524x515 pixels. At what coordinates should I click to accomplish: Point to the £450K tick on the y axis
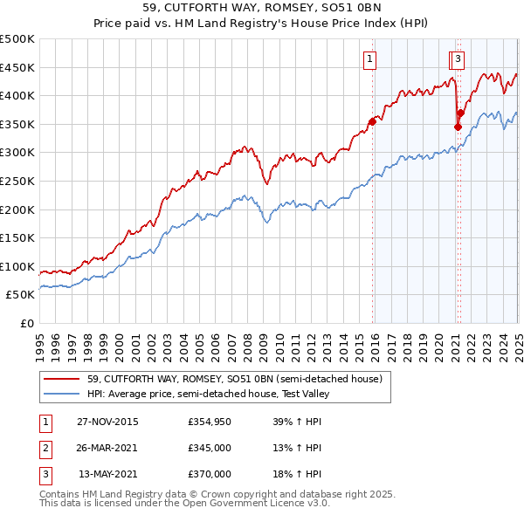[x=17, y=67]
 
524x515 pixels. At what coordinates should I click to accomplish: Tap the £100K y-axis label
[x=17, y=266]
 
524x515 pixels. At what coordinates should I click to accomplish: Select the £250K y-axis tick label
[x=17, y=181]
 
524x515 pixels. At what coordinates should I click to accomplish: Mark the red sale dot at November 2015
[x=372, y=121]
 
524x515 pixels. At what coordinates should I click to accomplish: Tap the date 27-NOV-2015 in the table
[x=107, y=422]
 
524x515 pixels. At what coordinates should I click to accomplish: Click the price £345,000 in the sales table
[x=210, y=449]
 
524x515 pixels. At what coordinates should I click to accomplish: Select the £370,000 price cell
[x=210, y=474]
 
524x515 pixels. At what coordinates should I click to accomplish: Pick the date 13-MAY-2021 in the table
[x=108, y=474]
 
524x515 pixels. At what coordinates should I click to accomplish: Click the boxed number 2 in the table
[x=45, y=449]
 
